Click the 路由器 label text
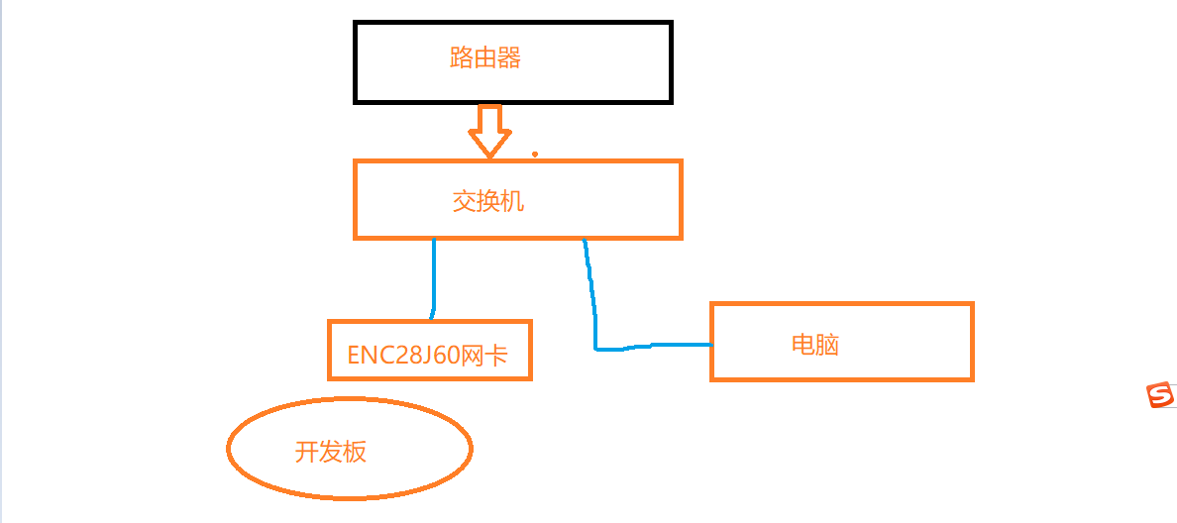(x=485, y=58)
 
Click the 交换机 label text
(x=488, y=202)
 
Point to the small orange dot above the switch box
(x=536, y=155)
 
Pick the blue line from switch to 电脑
(x=594, y=307)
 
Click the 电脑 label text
(x=815, y=345)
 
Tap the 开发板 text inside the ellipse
(x=331, y=452)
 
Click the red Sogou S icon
(x=1160, y=395)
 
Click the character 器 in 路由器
(x=509, y=58)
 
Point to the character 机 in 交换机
(x=512, y=202)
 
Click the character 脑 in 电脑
(x=828, y=345)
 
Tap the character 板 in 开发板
(x=355, y=452)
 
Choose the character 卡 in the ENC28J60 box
(x=496, y=355)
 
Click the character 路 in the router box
(x=462, y=58)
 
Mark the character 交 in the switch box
(x=465, y=202)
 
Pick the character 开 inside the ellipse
(x=307, y=452)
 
